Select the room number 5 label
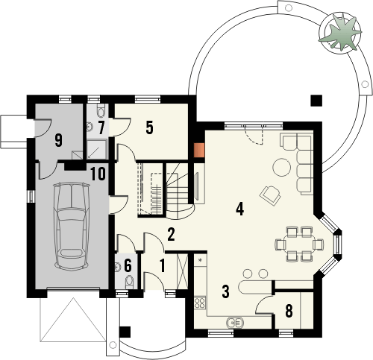click(x=149, y=127)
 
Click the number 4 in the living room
click(x=239, y=209)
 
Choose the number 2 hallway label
click(x=171, y=236)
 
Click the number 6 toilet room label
click(x=128, y=264)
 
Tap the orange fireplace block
click(x=198, y=149)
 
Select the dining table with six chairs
click(x=298, y=243)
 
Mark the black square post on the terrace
click(x=317, y=100)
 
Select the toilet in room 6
click(x=131, y=282)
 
